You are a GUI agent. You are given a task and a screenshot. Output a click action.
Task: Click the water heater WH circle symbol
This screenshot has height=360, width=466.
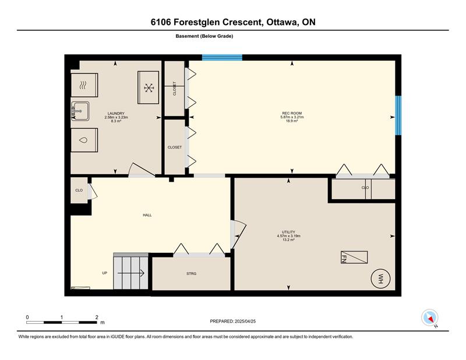(x=381, y=279)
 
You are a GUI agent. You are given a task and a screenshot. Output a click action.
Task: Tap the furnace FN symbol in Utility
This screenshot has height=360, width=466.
(x=354, y=257)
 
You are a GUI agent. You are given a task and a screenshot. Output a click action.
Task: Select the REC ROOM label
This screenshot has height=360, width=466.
(x=292, y=113)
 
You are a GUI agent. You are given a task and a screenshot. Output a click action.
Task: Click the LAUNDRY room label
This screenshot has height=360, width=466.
(x=116, y=114)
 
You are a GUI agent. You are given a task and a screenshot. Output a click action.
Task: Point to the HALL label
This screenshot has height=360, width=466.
(x=147, y=215)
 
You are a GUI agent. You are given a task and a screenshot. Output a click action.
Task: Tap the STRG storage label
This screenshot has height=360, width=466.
(x=192, y=273)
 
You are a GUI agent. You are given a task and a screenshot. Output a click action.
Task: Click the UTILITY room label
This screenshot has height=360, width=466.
(x=288, y=232)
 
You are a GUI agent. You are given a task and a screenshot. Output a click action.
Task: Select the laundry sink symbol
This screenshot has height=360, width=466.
(x=80, y=111)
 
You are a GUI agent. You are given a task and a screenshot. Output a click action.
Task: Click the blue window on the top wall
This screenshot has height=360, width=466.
(x=223, y=57)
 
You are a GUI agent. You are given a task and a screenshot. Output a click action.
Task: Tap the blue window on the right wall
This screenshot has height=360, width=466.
(x=398, y=115)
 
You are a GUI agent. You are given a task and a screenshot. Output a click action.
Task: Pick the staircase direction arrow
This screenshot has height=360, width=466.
(x=131, y=273)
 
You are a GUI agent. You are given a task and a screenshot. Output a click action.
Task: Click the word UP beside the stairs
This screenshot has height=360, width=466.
(x=105, y=273)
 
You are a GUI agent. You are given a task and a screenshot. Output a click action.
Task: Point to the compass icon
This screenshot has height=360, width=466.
(x=430, y=317)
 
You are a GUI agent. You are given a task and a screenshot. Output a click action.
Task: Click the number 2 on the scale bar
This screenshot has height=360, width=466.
(x=97, y=317)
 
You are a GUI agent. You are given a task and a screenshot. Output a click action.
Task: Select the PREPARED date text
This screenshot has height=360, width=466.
(x=233, y=322)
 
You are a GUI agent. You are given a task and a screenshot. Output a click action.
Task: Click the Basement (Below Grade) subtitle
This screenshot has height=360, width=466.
(x=204, y=36)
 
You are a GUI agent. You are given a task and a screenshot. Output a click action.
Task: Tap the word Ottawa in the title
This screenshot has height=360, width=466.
(x=282, y=22)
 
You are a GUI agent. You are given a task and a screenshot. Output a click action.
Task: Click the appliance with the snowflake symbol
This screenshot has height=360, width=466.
(x=149, y=87)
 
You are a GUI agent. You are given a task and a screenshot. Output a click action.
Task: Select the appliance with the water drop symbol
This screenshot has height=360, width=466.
(x=84, y=140)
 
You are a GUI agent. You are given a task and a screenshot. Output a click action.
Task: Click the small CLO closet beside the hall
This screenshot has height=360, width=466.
(x=79, y=190)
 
